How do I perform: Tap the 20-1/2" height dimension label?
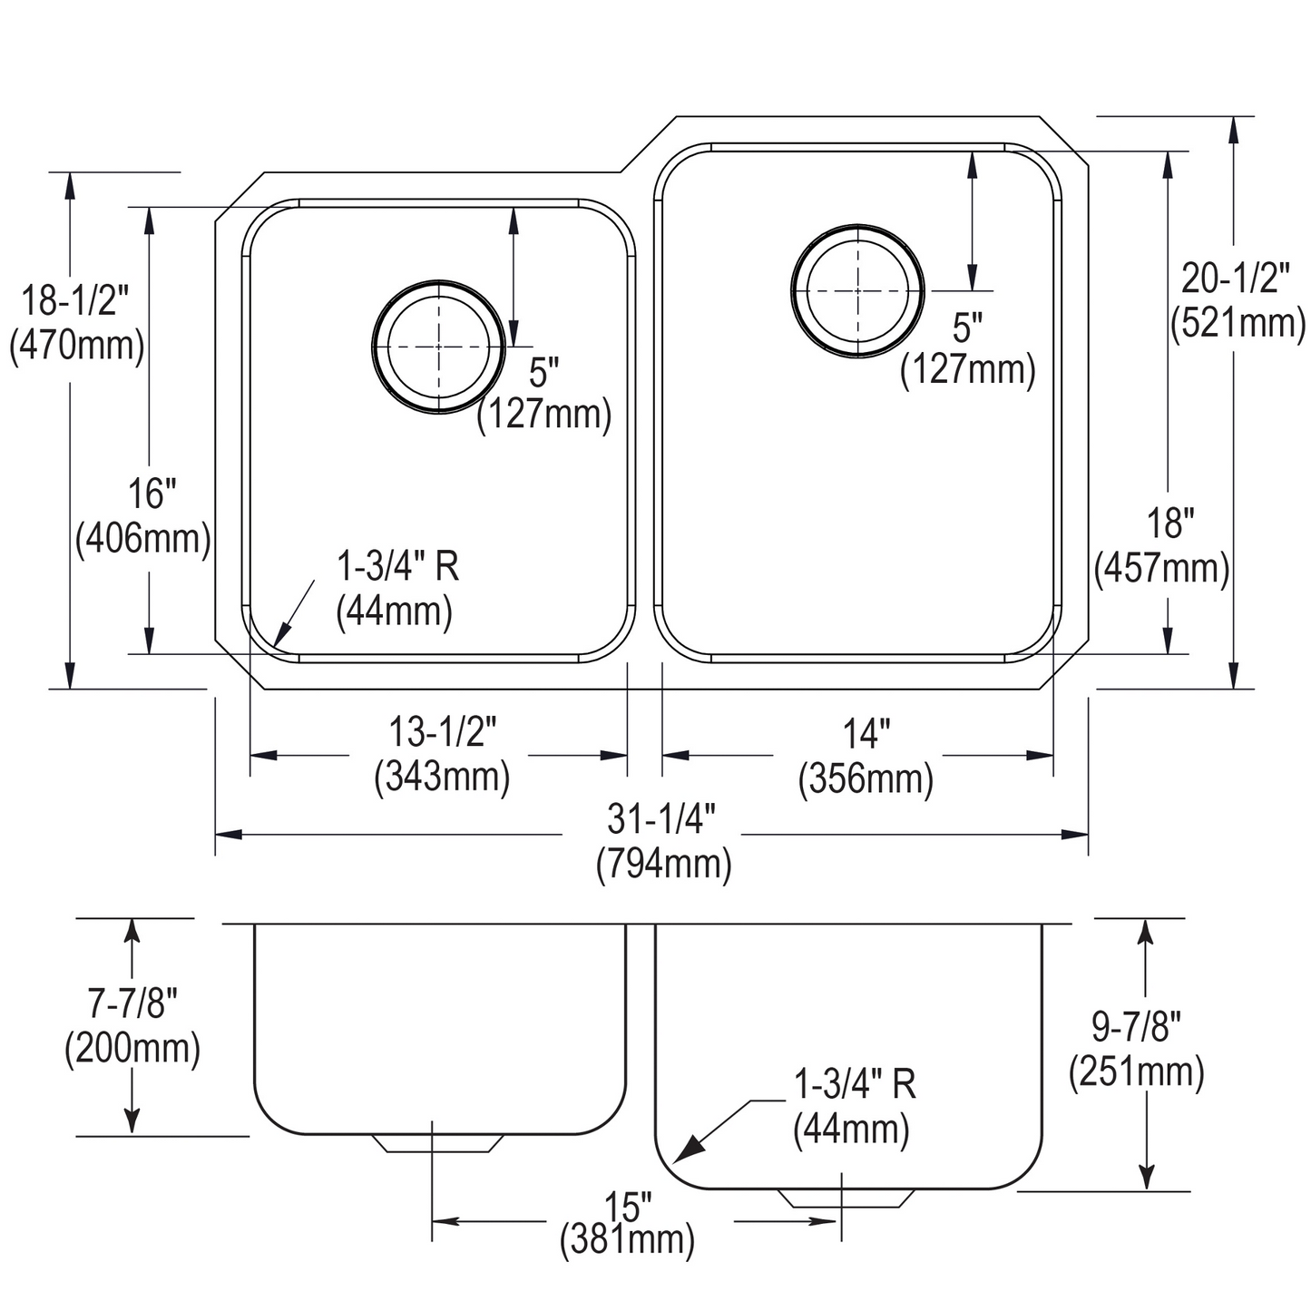pyautogui.click(x=1235, y=279)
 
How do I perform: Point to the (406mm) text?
pyautogui.click(x=142, y=539)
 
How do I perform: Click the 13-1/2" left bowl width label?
pyautogui.click(x=443, y=731)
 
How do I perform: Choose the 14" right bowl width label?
pyautogui.click(x=866, y=733)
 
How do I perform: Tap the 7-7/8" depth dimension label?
pyautogui.click(x=132, y=1003)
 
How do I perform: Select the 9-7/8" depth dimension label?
pyautogui.click(x=1136, y=1027)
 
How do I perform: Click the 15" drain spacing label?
pyautogui.click(x=629, y=1207)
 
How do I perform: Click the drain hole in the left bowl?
pyautogui.click(x=439, y=347)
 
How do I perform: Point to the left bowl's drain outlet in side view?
pyautogui.click(x=438, y=1143)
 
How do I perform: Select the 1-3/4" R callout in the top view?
pyautogui.click(x=397, y=567)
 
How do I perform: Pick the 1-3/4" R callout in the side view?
pyautogui.click(x=854, y=1084)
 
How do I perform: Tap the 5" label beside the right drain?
pyautogui.click(x=967, y=328)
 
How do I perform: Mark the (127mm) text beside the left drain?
pyautogui.click(x=544, y=415)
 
